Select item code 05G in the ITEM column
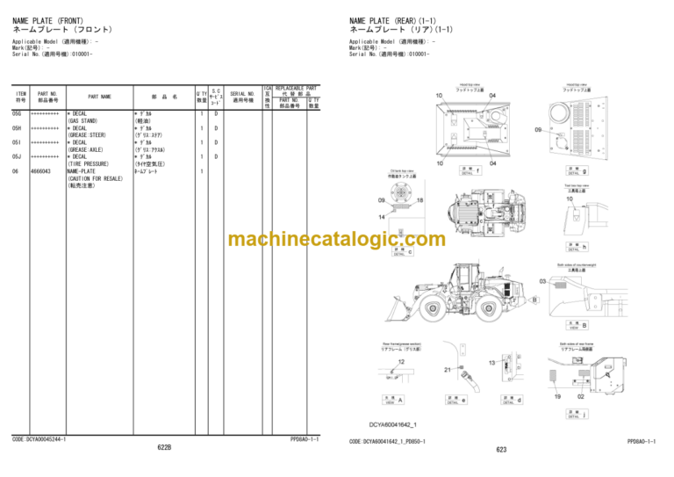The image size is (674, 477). click(x=17, y=113)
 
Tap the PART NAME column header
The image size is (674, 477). click(x=99, y=97)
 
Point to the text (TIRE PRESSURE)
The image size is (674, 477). click(x=90, y=163)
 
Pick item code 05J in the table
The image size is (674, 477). click(x=17, y=156)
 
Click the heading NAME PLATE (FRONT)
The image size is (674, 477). click(x=50, y=20)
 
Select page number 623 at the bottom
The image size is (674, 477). click(x=501, y=450)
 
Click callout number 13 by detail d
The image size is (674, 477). click(x=491, y=363)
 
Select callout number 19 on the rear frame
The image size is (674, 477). click(x=556, y=396)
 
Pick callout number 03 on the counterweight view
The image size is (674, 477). click(x=543, y=282)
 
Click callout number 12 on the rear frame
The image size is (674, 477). click(x=401, y=361)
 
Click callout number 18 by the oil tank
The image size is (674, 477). click(x=419, y=201)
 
